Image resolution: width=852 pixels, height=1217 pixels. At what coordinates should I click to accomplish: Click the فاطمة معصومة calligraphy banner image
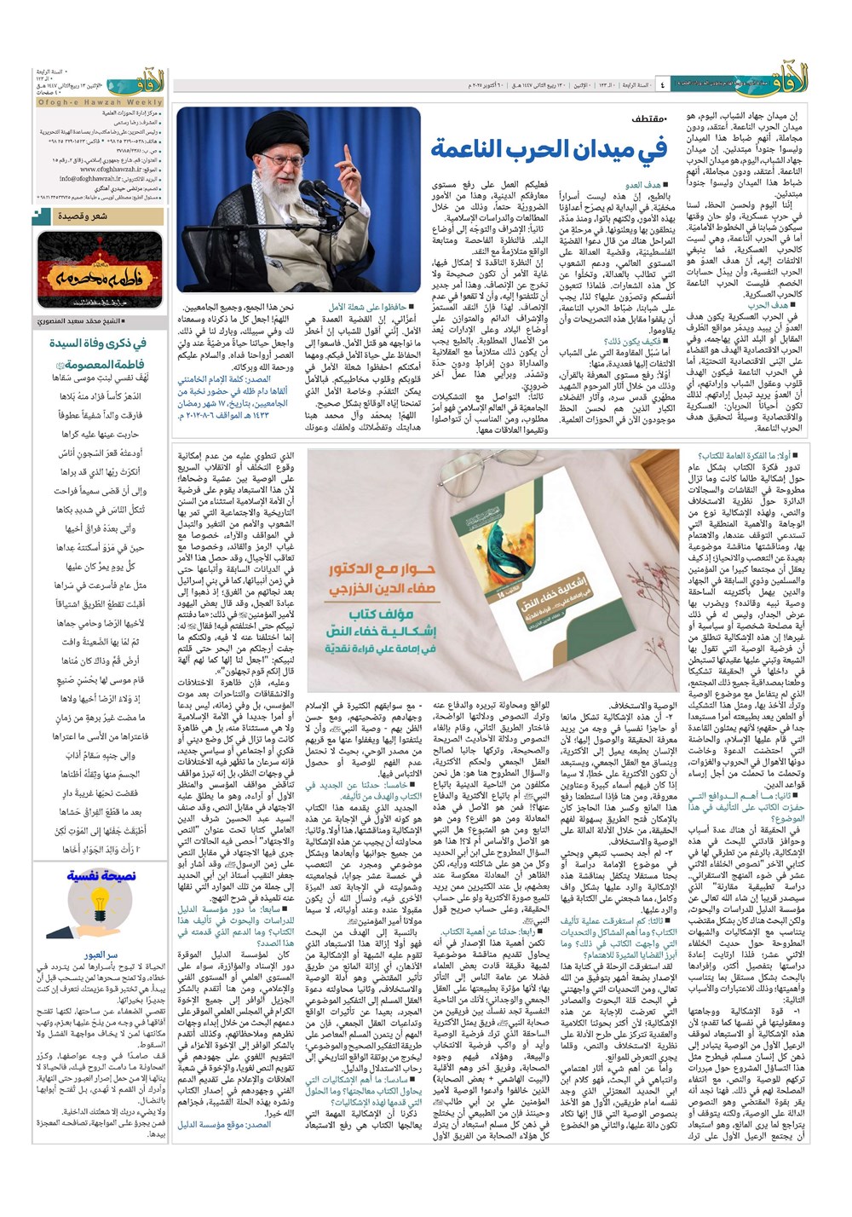(101, 271)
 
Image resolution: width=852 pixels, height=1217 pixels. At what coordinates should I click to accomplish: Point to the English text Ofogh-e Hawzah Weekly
(101, 101)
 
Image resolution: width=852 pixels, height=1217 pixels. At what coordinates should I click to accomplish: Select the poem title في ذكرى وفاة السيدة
(97, 343)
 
